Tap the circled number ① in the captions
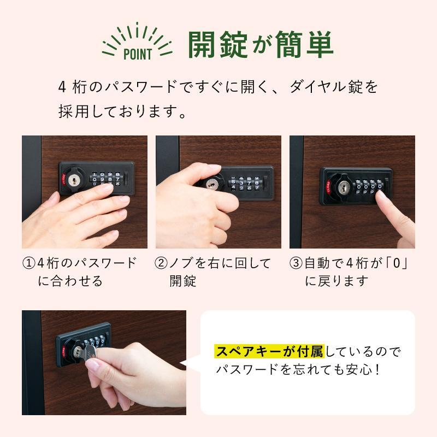(x=28, y=263)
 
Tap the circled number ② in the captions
(x=162, y=263)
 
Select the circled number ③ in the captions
(x=296, y=263)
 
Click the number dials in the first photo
(x=107, y=177)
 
